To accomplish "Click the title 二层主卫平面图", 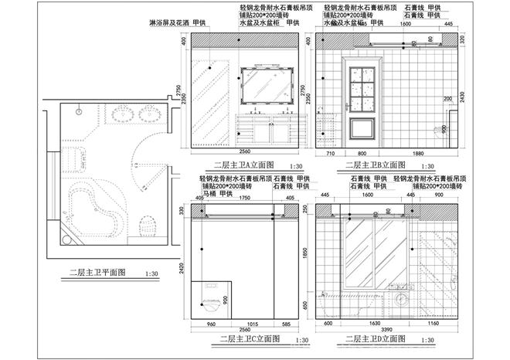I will pos(101,273).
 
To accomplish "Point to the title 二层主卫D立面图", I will pos(376,338).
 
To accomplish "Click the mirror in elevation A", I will pos(267,85).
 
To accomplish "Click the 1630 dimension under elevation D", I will pos(376,324).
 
